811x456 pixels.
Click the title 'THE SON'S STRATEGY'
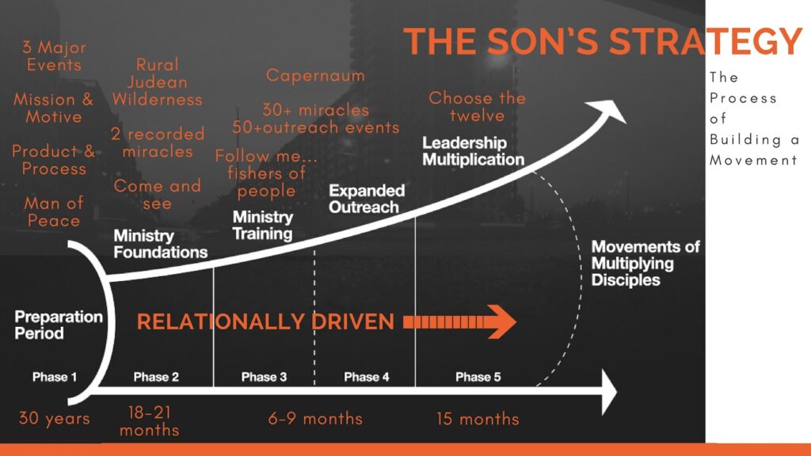[x=603, y=41]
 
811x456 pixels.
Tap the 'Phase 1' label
[x=55, y=377]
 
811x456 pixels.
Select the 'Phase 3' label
[x=264, y=377]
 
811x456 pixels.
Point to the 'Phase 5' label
[x=478, y=377]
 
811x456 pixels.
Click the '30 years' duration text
[x=55, y=418]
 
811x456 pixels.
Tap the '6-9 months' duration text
[x=315, y=419]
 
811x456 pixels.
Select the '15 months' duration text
[x=478, y=419]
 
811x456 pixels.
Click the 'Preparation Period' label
[x=59, y=325]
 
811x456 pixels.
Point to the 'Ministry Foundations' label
[x=160, y=244]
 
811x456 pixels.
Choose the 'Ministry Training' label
[x=262, y=226]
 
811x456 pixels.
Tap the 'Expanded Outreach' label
[x=367, y=199]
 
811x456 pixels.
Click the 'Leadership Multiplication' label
[x=473, y=151]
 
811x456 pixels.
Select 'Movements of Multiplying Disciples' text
[x=645, y=263]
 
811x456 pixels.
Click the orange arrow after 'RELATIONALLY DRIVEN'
[x=460, y=322]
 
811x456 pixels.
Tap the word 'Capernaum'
[x=315, y=76]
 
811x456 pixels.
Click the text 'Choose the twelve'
[x=477, y=107]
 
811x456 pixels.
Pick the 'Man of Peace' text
[x=54, y=212]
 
